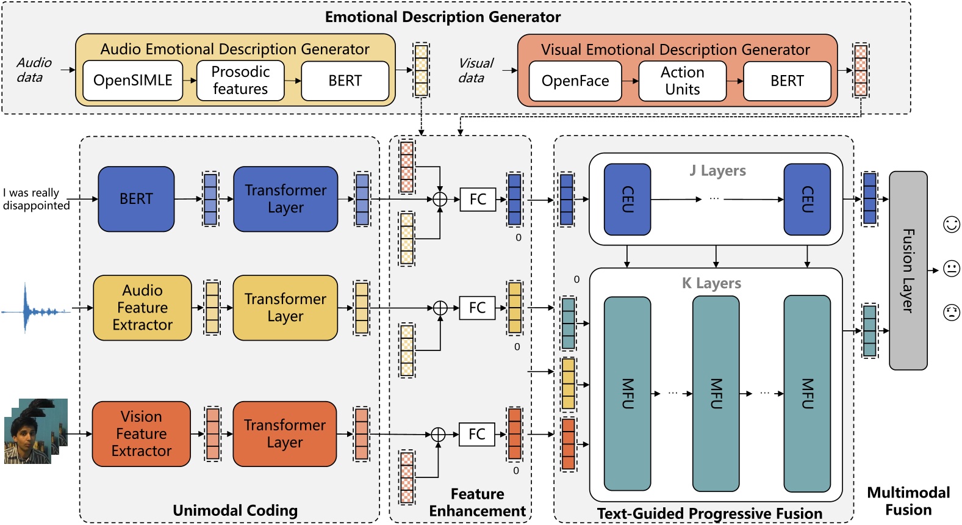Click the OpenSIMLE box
tap(132, 81)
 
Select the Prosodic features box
tap(240, 81)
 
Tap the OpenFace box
tap(575, 81)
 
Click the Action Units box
tap(682, 81)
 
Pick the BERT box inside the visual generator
tap(787, 81)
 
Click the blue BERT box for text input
tap(136, 199)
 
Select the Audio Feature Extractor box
tap(142, 308)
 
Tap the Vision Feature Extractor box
tap(141, 434)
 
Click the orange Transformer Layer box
tap(284, 434)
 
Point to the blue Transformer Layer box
tap(285, 199)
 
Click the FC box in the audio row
tap(477, 308)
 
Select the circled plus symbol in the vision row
tap(438, 434)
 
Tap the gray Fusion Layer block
tap(908, 270)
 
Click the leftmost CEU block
tap(627, 199)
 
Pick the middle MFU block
tap(716, 394)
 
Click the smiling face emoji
tap(952, 225)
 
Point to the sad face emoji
tap(952, 313)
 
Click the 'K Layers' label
tap(711, 283)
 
